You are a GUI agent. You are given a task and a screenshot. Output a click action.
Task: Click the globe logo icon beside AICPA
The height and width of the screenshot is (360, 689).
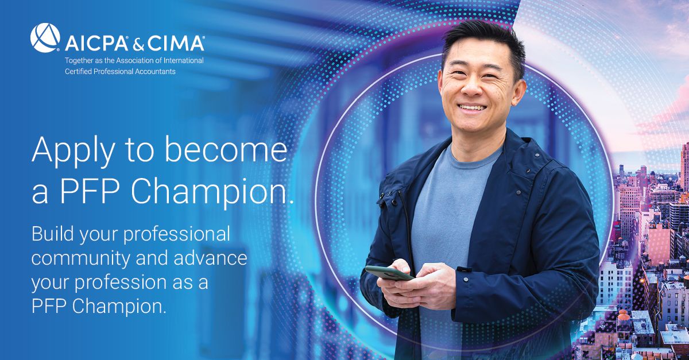pos(45,37)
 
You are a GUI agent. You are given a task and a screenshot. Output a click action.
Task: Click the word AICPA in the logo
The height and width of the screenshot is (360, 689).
pos(96,44)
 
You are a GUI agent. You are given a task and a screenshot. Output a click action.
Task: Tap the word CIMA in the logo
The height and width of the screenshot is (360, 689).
pos(176,44)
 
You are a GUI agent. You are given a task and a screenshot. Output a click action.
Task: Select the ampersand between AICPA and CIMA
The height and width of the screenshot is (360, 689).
pos(138,44)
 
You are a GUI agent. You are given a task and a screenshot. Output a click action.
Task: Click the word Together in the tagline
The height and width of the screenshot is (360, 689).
pos(79,61)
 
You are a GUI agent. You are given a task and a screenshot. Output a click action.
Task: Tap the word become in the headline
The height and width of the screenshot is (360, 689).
pos(226,150)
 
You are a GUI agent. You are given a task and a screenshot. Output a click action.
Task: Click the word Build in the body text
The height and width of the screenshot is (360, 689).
pos(53,234)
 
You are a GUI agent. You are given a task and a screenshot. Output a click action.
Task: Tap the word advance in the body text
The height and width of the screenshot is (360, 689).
pos(210,258)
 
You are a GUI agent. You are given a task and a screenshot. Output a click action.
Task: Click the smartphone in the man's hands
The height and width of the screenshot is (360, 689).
pos(389,273)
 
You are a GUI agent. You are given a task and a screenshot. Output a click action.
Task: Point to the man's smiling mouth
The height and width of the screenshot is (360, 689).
pos(471,108)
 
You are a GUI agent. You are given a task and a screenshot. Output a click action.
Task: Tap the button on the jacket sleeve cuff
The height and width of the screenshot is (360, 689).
pos(466,280)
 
